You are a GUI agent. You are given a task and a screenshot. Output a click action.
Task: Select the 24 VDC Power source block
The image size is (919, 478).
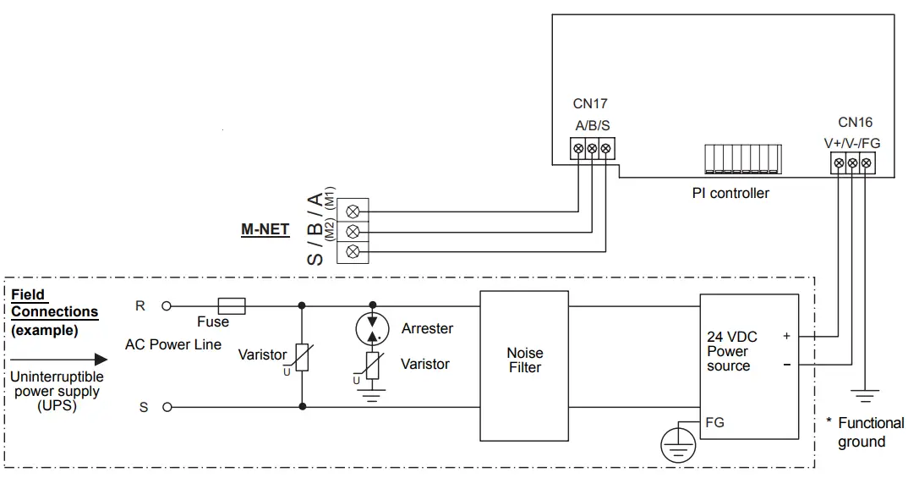pyautogui.click(x=748, y=366)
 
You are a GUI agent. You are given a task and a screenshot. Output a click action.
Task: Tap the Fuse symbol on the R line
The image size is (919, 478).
pyautogui.click(x=232, y=305)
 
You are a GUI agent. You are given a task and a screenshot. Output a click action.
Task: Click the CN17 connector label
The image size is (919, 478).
pyautogui.click(x=590, y=104)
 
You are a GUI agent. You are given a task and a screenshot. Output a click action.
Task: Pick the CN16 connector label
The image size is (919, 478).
pyautogui.click(x=855, y=123)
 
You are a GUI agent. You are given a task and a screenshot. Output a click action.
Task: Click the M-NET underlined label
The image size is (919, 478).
pyautogui.click(x=265, y=229)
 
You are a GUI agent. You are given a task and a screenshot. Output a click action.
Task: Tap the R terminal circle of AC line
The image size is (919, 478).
pyautogui.click(x=167, y=305)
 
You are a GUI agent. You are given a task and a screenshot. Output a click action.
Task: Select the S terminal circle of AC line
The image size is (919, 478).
pyautogui.click(x=167, y=408)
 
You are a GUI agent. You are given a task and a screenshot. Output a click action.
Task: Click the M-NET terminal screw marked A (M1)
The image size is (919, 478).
pyautogui.click(x=353, y=211)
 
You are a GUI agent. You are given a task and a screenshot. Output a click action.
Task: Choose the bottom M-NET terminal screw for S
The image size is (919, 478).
pyautogui.click(x=353, y=251)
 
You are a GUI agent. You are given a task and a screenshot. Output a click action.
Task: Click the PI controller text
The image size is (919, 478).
pyautogui.click(x=730, y=193)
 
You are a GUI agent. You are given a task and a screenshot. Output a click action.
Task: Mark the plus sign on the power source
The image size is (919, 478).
pyautogui.click(x=786, y=336)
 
